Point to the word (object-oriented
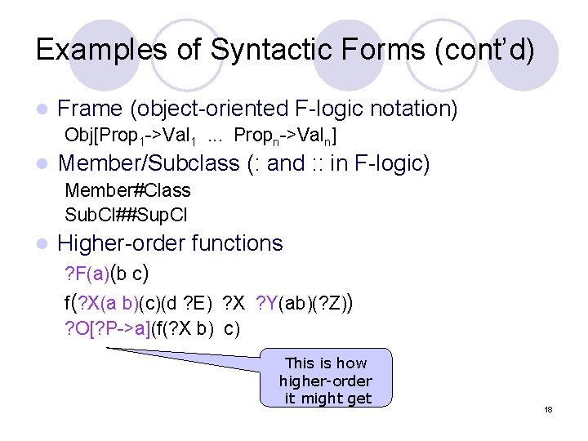click(208, 109)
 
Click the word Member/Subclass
click(148, 163)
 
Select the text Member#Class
click(127, 191)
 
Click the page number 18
click(549, 409)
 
